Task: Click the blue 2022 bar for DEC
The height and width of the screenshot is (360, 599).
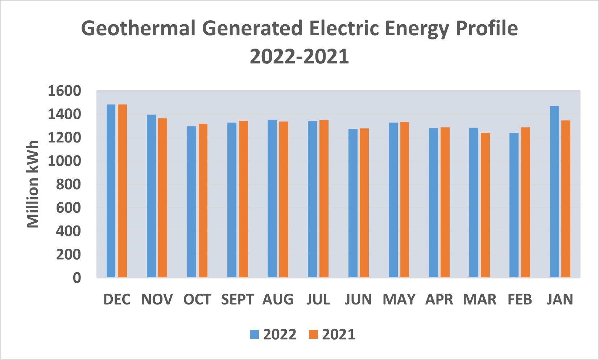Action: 111,191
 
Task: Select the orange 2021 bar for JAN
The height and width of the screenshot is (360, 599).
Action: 566,199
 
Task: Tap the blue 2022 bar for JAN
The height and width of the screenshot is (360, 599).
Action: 554,192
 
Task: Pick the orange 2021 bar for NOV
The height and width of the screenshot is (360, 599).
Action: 162,198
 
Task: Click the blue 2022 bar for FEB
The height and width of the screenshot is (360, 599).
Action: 514,205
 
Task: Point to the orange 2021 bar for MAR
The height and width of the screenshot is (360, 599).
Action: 485,205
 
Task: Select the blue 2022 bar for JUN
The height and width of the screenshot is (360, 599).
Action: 353,203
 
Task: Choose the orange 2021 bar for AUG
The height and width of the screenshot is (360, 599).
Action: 284,199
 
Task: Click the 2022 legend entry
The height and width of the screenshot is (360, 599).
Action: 273,334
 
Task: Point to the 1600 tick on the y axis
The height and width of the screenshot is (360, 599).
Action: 64,91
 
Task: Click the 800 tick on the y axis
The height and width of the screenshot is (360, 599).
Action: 68,185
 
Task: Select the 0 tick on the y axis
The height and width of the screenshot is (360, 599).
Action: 77,278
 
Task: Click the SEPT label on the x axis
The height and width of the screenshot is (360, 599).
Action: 237,300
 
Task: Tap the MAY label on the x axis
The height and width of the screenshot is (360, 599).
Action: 399,300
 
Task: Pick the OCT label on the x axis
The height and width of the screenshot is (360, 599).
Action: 197,300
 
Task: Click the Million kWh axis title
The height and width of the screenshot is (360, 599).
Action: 33,184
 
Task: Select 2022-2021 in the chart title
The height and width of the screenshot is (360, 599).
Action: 299,57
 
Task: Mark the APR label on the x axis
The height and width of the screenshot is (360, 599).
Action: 439,300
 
